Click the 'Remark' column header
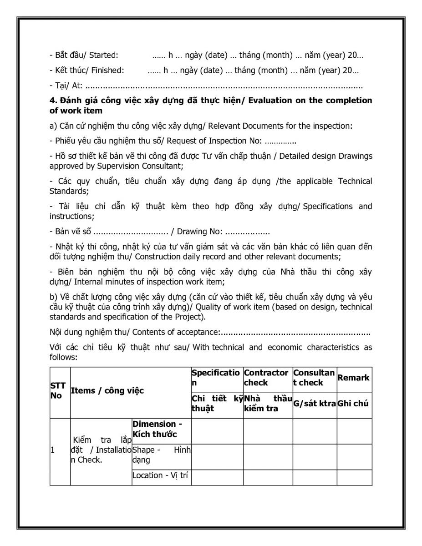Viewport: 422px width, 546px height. point(354,378)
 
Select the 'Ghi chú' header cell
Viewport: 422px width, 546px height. point(354,404)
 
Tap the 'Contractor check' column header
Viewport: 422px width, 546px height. point(266,378)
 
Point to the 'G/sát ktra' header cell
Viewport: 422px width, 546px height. point(314,404)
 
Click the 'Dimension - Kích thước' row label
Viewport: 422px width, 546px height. point(155,429)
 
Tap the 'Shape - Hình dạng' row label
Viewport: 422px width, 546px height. point(161,455)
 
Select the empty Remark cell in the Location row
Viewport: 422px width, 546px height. point(354,477)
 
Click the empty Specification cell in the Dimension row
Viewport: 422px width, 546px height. point(217,431)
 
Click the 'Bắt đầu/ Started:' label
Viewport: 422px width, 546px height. point(84,56)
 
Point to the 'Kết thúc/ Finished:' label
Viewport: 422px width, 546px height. point(86,71)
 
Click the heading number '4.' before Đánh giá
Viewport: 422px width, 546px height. point(53,101)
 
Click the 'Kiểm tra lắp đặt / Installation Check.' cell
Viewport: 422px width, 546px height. point(101,450)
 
